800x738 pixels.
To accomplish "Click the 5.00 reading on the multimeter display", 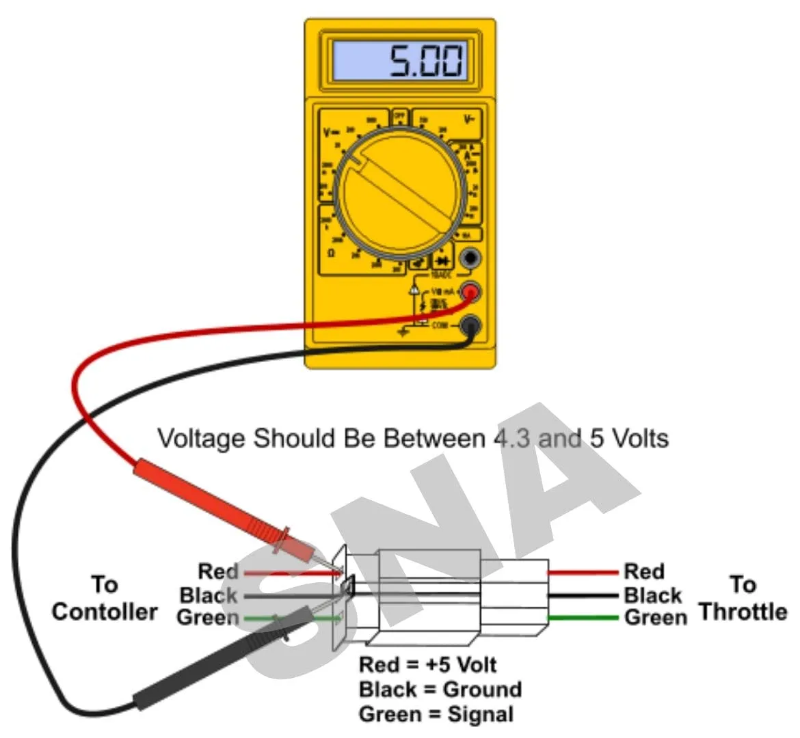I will [426, 61].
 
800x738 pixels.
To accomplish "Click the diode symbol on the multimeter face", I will [443, 261].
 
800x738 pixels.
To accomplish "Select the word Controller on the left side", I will [104, 612].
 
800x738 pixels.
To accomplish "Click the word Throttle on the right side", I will [743, 612].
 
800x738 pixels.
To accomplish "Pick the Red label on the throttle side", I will [643, 571].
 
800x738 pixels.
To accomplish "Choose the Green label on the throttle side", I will [655, 618].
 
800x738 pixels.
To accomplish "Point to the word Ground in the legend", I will [482, 689].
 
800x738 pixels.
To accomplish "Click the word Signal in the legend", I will [481, 715].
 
